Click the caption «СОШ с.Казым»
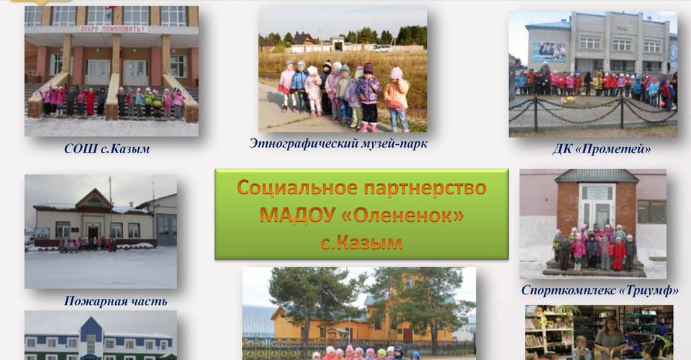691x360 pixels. pyautogui.click(x=107, y=148)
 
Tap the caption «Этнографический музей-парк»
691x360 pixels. pyautogui.click(x=338, y=144)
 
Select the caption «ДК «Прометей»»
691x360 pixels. pyautogui.click(x=602, y=149)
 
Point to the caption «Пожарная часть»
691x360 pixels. pyautogui.click(x=115, y=302)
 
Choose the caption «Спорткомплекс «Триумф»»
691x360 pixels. pyautogui.click(x=600, y=290)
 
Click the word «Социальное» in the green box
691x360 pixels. pyautogui.click(x=297, y=188)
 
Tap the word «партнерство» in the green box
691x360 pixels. pyautogui.click(x=425, y=189)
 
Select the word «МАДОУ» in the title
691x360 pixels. pyautogui.click(x=297, y=215)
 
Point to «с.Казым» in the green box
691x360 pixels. pyautogui.click(x=361, y=243)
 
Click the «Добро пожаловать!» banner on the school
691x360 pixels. pyautogui.click(x=113, y=29)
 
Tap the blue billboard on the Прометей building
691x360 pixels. pyautogui.click(x=549, y=52)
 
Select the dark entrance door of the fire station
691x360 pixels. pyautogui.click(x=93, y=233)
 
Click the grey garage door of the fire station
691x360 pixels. pyautogui.click(x=166, y=230)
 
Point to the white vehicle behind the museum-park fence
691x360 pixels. pyautogui.click(x=384, y=48)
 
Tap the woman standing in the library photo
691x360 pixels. pyautogui.click(x=610, y=337)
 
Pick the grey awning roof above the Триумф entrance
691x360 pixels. pyautogui.click(x=597, y=176)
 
